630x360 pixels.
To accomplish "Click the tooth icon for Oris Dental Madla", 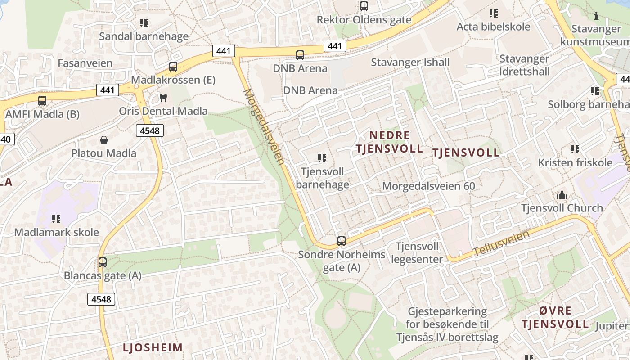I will click(x=163, y=98).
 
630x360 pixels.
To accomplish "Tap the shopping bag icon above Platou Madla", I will click(x=104, y=140).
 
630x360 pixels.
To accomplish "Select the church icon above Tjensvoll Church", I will click(x=562, y=195).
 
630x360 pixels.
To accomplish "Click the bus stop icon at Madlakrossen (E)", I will click(x=173, y=67).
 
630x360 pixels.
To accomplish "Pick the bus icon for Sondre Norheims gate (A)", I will click(x=342, y=241).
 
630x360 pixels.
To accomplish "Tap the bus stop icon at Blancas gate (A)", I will click(x=103, y=262).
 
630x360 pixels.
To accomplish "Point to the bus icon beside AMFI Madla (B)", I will click(x=42, y=101).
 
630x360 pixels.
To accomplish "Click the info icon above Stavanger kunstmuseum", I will click(x=596, y=16).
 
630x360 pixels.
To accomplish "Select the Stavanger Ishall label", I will click(x=410, y=62).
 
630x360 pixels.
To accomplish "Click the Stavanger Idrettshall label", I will click(x=524, y=65).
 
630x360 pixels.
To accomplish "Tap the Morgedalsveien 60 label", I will click(x=428, y=186).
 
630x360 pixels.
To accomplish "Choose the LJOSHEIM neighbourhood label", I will click(x=153, y=347).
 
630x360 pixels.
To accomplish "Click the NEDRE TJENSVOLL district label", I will click(x=389, y=142).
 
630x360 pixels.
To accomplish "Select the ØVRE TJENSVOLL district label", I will click(x=555, y=317).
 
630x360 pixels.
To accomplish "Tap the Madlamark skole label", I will click(x=57, y=232).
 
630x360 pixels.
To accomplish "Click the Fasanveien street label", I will click(x=85, y=63).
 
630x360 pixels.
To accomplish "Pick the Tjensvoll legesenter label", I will click(x=417, y=253).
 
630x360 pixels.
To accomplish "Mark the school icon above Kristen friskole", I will click(x=575, y=149).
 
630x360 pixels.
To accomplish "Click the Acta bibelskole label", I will click(x=493, y=27).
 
